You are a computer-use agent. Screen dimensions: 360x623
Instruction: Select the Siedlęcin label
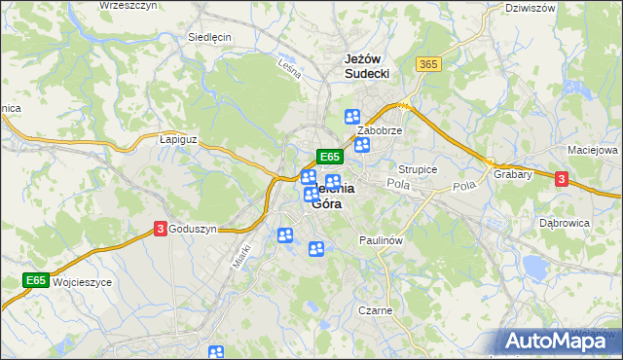click(x=209, y=38)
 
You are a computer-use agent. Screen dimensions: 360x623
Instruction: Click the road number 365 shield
click(x=428, y=64)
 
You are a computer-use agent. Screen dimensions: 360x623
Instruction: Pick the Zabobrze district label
click(x=380, y=129)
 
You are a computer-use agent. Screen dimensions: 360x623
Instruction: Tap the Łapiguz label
click(x=178, y=139)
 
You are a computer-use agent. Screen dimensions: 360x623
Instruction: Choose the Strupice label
click(x=419, y=169)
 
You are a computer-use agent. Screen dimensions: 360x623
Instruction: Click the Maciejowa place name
click(x=593, y=151)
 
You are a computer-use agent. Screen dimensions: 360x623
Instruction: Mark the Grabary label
click(x=512, y=175)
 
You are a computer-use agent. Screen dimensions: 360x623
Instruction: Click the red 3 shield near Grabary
click(x=561, y=179)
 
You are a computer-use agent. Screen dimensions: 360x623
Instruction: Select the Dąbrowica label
click(x=565, y=223)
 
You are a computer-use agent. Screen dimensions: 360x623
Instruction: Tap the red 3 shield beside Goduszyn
click(x=159, y=229)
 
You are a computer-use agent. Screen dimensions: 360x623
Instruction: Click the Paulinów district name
click(x=381, y=239)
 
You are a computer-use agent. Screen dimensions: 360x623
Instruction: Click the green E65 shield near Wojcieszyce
click(x=36, y=280)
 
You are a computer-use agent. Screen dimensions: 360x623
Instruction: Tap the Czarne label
click(x=375, y=311)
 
